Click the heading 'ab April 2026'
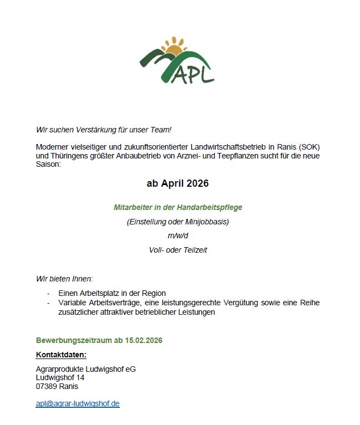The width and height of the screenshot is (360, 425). click(x=178, y=183)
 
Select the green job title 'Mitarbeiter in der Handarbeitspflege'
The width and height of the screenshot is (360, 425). click(x=178, y=207)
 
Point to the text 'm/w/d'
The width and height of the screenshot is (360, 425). click(x=178, y=235)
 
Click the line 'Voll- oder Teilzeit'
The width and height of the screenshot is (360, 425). click(x=178, y=250)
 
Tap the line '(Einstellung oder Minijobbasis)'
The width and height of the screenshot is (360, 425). click(x=178, y=222)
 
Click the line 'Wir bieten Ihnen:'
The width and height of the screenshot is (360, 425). click(x=64, y=278)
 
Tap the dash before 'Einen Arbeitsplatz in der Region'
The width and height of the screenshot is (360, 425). click(x=49, y=293)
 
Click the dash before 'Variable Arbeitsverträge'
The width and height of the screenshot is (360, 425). click(x=49, y=303)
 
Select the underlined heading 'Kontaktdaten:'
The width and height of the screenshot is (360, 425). click(x=61, y=355)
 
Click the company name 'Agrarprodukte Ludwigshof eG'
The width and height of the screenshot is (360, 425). click(x=85, y=369)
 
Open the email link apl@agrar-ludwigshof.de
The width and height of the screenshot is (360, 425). click(x=78, y=403)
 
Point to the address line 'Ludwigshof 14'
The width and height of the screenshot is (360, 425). click(x=60, y=377)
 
